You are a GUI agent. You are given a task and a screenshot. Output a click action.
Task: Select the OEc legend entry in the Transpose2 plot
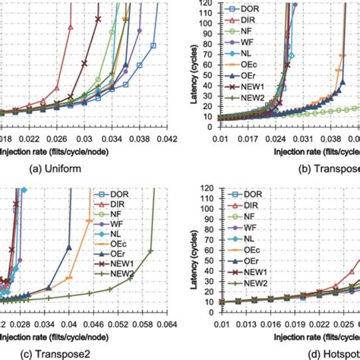[115, 244]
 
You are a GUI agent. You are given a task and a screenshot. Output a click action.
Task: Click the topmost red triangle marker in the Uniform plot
[71, 26]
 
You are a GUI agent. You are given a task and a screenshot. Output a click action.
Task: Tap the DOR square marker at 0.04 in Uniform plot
[153, 46]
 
